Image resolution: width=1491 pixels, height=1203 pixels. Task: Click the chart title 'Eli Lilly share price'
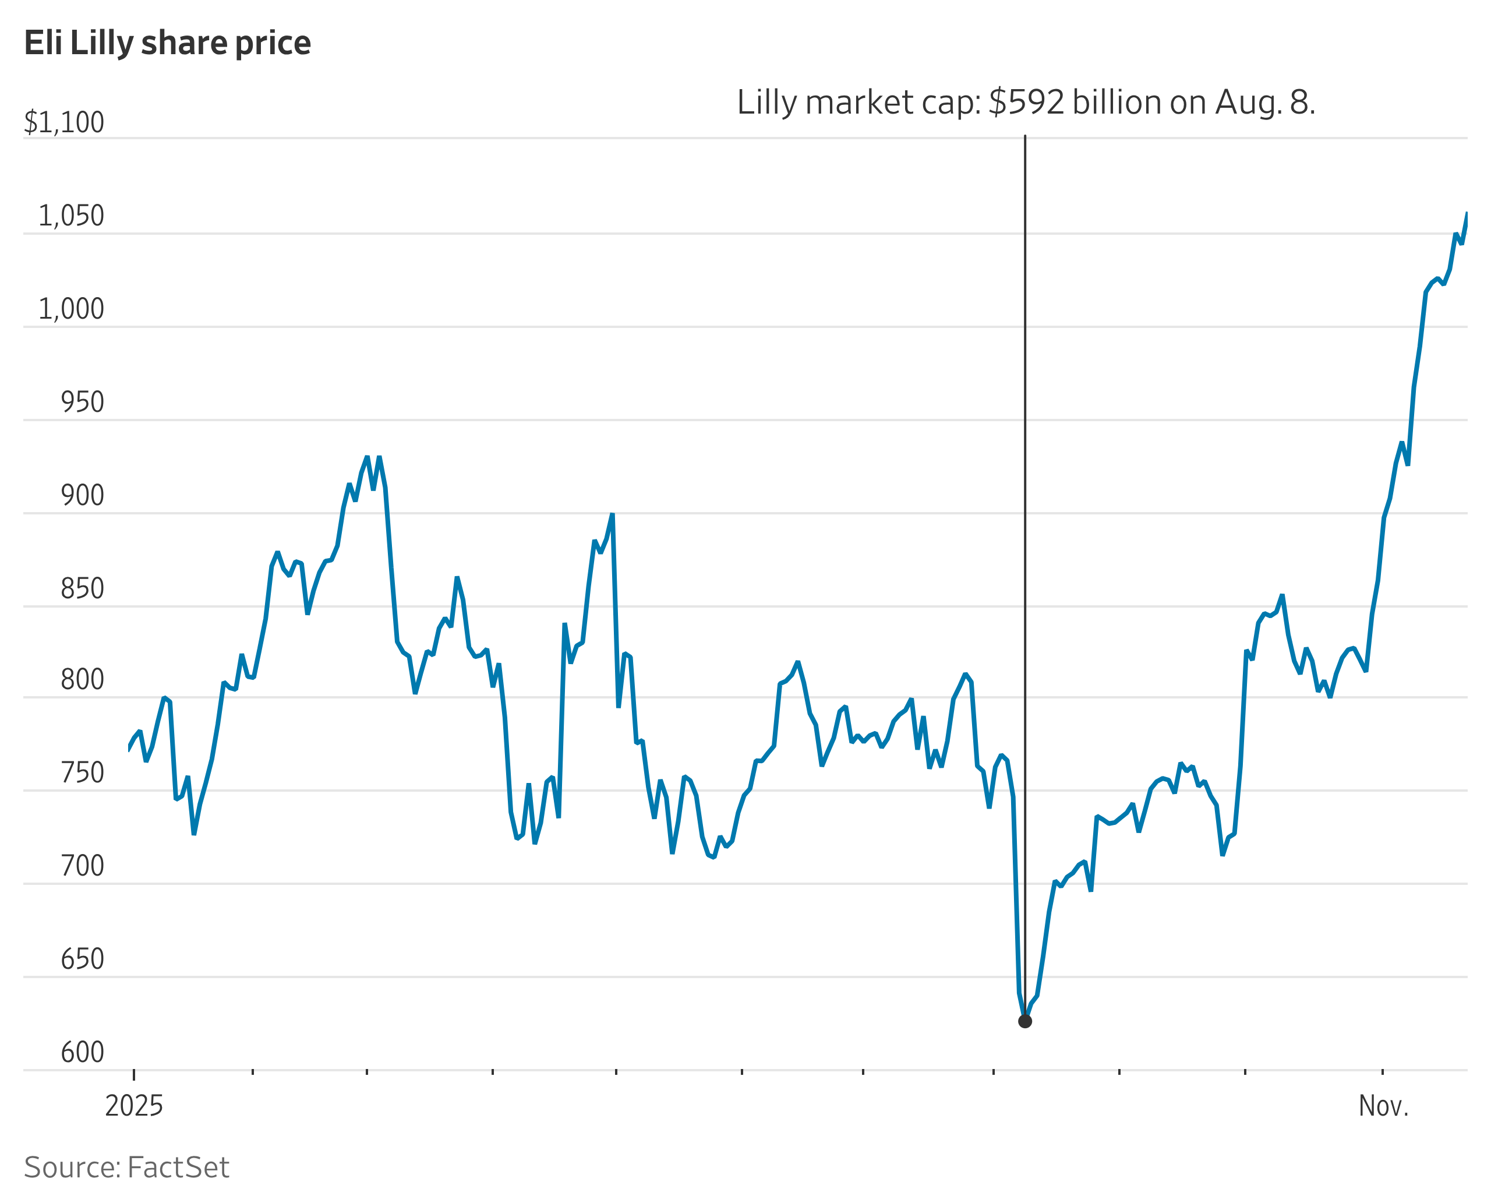(x=168, y=43)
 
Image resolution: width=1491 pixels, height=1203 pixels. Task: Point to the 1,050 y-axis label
(x=72, y=216)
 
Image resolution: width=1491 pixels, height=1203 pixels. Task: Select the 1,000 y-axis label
(x=72, y=309)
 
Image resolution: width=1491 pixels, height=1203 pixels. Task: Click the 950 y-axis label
(x=83, y=402)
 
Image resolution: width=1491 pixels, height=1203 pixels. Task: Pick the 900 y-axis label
(x=83, y=496)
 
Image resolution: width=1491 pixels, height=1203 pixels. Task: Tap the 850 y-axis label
(x=83, y=588)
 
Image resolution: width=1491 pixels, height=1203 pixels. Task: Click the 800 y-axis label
(x=83, y=679)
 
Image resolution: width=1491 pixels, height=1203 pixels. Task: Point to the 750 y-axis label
(x=83, y=772)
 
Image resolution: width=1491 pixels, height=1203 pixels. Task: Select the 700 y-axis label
(x=83, y=866)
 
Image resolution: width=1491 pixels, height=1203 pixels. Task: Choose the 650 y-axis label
(x=83, y=959)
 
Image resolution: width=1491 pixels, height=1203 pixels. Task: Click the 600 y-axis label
(x=83, y=1052)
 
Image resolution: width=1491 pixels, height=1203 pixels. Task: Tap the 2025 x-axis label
(x=134, y=1106)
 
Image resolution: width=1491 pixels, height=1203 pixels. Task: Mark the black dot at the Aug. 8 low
(x=1024, y=1021)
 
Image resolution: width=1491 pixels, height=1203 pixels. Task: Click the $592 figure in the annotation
(x=1026, y=103)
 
